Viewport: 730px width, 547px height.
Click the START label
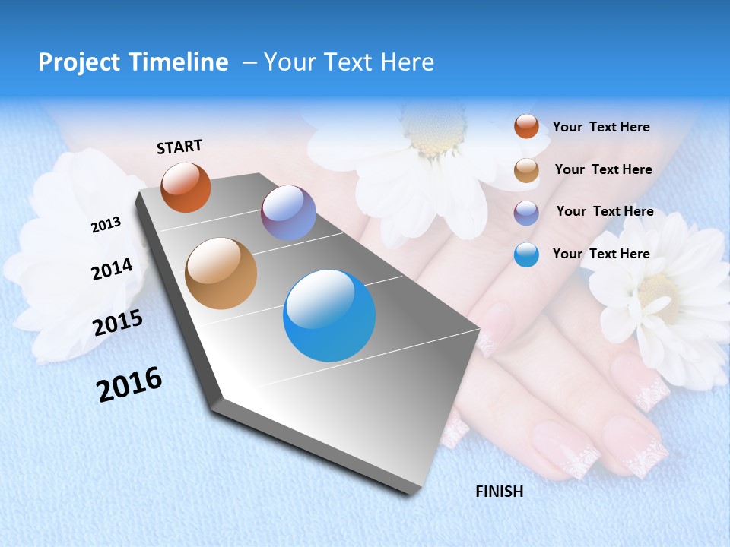pyautogui.click(x=179, y=147)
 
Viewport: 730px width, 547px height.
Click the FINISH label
pyautogui.click(x=499, y=492)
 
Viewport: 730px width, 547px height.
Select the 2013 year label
pyautogui.click(x=106, y=225)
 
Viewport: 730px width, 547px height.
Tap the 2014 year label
pyautogui.click(x=112, y=269)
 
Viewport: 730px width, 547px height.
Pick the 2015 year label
pyautogui.click(x=117, y=323)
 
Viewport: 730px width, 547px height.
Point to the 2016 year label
pyautogui.click(x=129, y=384)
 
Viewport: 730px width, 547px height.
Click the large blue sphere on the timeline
pyautogui.click(x=329, y=315)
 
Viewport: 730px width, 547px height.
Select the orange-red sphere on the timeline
pyautogui.click(x=186, y=188)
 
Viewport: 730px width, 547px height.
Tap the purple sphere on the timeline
pyautogui.click(x=288, y=213)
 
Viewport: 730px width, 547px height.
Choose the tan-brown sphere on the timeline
pyautogui.click(x=221, y=273)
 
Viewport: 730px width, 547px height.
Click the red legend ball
pyautogui.click(x=526, y=126)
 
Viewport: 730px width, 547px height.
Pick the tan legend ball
pyautogui.click(x=526, y=170)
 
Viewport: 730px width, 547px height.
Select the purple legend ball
pyautogui.click(x=526, y=213)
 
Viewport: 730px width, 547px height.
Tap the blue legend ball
pyautogui.click(x=526, y=255)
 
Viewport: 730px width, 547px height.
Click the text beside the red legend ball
pyautogui.click(x=601, y=127)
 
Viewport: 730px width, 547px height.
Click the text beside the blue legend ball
pyautogui.click(x=601, y=254)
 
